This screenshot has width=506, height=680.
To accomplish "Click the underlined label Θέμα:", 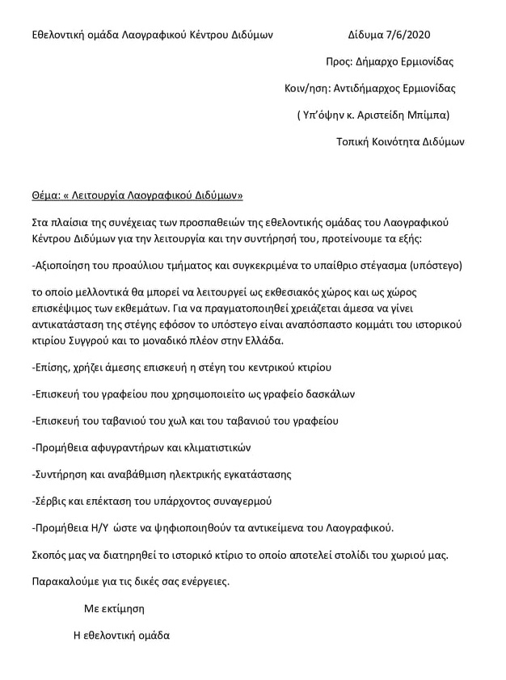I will point(44,195).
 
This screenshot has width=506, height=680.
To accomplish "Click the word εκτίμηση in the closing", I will point(122,607).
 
